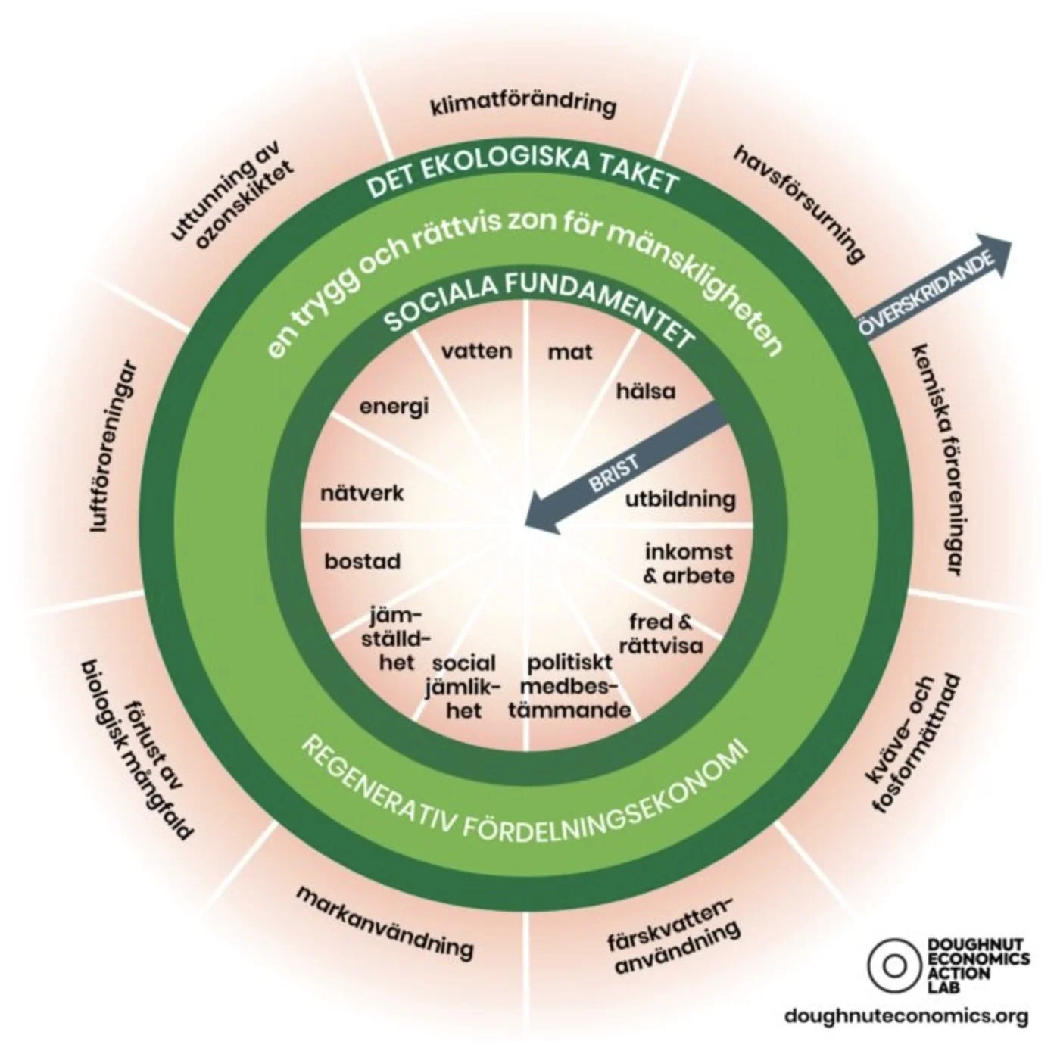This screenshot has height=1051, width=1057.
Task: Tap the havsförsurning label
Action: [x=800, y=204]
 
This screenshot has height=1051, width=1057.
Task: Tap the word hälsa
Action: [x=646, y=391]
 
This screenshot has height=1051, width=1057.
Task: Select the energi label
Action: [x=394, y=406]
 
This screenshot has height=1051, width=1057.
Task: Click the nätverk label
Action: [x=363, y=494]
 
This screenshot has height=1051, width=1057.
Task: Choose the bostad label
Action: [x=363, y=562]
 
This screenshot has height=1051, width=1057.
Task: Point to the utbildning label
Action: [x=680, y=500]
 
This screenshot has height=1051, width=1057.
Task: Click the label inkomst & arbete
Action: [x=688, y=563]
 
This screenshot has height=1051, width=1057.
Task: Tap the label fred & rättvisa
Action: [x=660, y=634]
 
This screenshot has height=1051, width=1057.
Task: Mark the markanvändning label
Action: [x=385, y=921]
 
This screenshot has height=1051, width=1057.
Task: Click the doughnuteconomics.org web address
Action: [x=906, y=1015]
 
